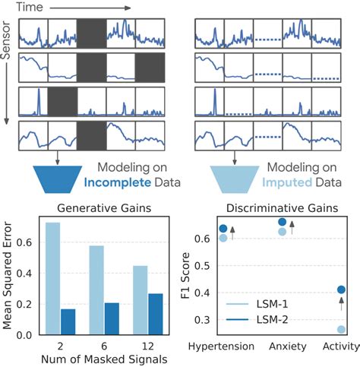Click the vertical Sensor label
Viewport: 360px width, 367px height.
point(8,60)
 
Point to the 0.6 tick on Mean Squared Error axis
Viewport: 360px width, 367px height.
point(28,242)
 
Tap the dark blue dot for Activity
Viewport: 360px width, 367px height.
point(342,289)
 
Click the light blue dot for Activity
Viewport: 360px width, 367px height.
point(342,329)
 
